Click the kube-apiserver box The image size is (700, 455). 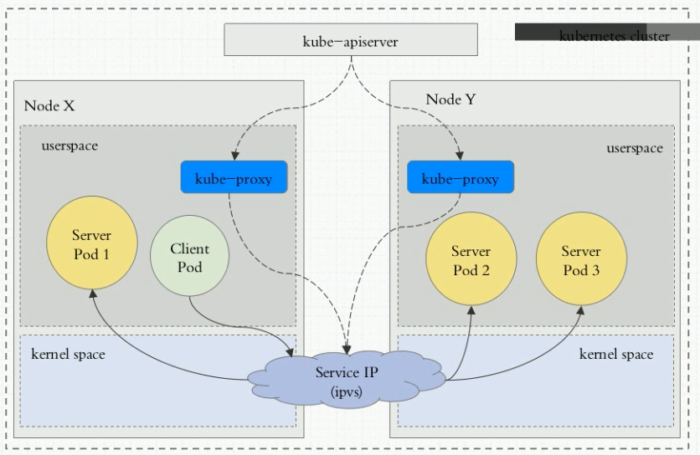(351, 39)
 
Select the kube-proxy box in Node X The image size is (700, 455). (234, 178)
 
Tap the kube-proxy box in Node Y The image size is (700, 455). (460, 178)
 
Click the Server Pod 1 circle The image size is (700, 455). (91, 243)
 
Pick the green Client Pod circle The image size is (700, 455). (190, 257)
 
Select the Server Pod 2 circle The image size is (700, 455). (471, 260)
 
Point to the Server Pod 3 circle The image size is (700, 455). (580, 260)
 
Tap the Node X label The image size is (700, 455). (49, 105)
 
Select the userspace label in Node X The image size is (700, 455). (69, 146)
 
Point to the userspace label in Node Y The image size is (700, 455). (635, 148)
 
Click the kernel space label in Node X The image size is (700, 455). (68, 355)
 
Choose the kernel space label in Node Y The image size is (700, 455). (615, 355)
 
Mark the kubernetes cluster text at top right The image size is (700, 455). (614, 36)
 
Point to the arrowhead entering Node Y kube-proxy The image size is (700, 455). (460, 156)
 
